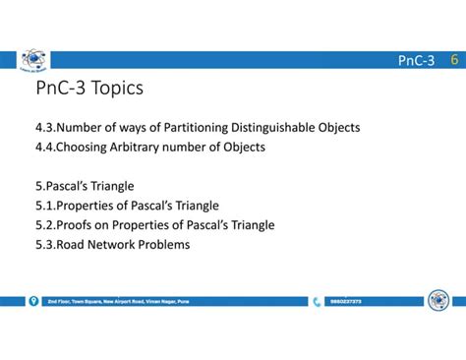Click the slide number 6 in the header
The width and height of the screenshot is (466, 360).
click(453, 61)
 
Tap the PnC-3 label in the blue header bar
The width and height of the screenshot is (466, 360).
click(416, 62)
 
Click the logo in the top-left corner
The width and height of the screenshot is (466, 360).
click(33, 60)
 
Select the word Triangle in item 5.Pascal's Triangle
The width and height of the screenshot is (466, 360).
click(109, 186)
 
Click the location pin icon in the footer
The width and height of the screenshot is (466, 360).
click(33, 301)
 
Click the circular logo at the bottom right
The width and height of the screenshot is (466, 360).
click(437, 300)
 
